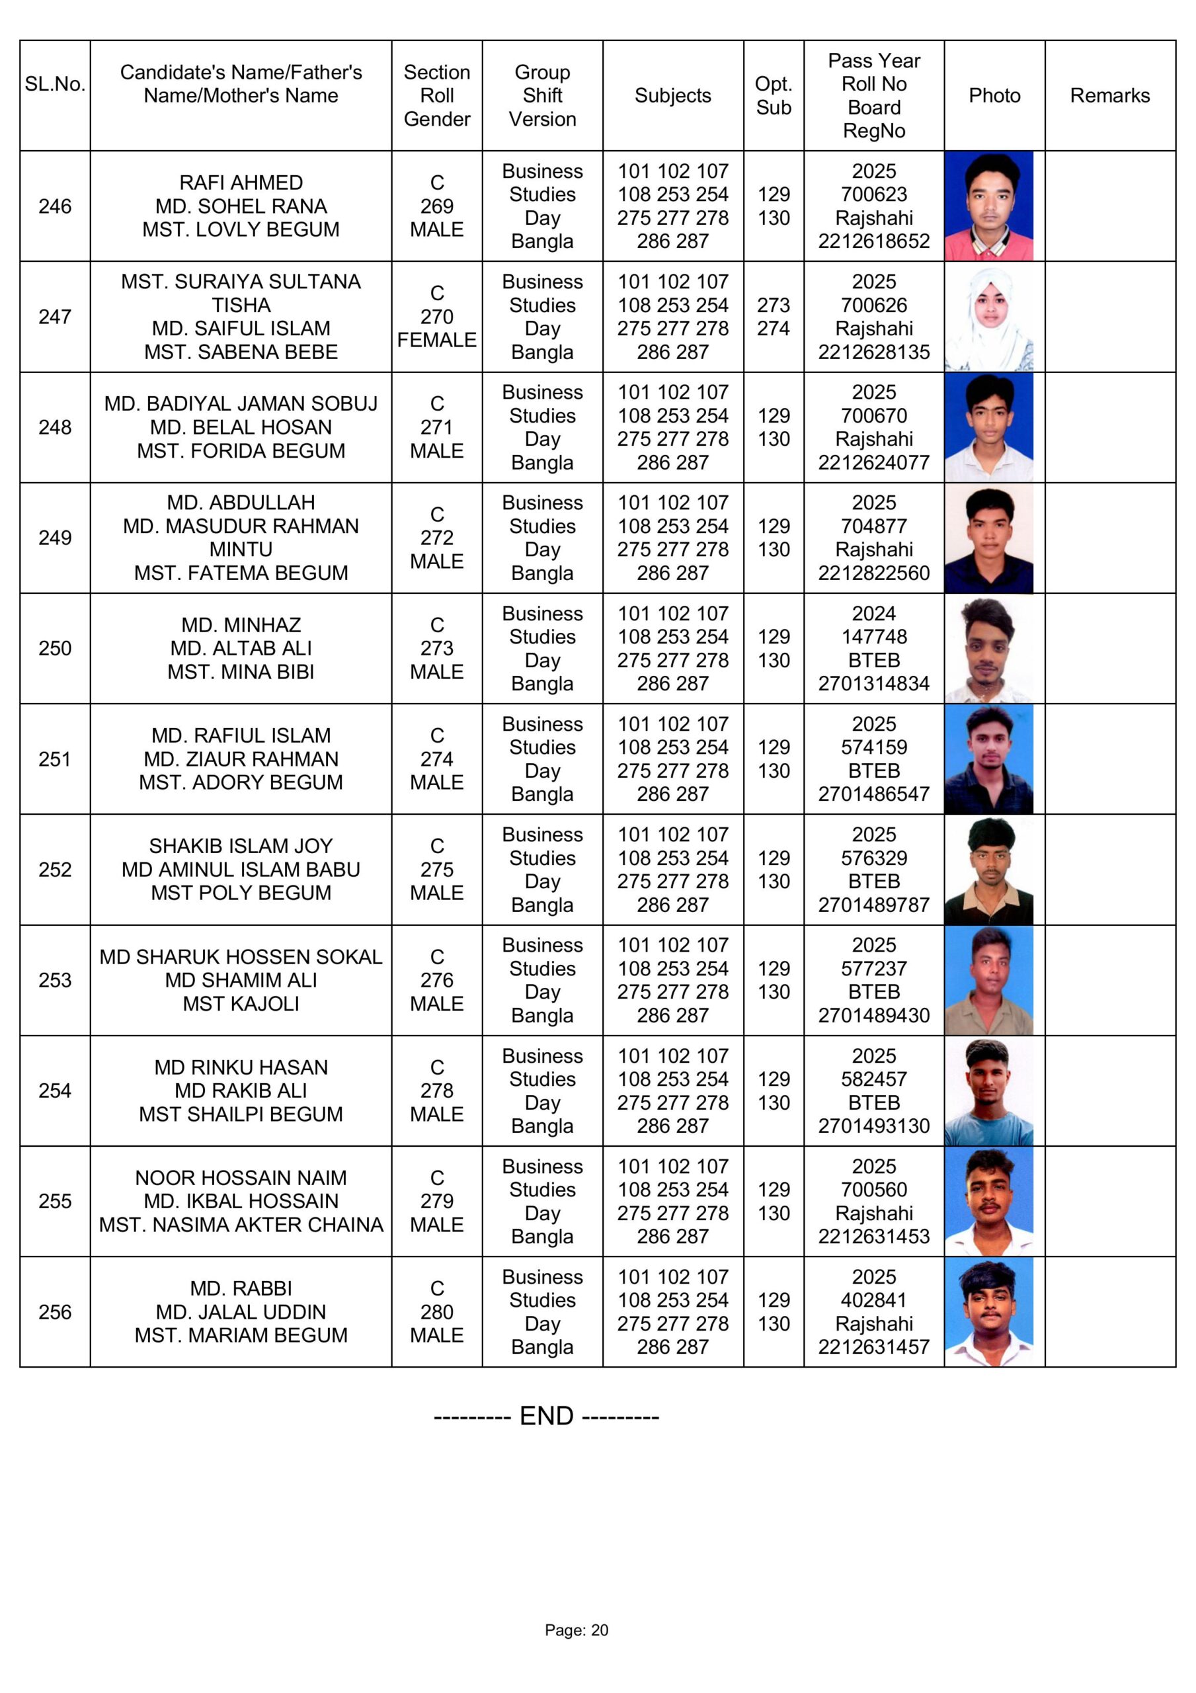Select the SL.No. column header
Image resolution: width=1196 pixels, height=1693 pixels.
pos(55,84)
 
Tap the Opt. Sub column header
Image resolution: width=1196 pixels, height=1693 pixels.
pos(773,96)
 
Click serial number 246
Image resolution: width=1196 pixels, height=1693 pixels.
pos(55,206)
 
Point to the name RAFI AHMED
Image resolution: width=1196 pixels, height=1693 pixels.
pos(241,183)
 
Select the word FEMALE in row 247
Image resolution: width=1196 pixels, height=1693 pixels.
pos(436,340)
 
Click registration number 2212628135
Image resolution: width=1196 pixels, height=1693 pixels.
pos(874,352)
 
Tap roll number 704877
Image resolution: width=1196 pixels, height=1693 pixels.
pos(874,526)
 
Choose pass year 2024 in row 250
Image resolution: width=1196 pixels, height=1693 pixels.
pos(874,614)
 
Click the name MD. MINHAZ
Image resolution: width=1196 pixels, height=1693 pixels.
pos(241,626)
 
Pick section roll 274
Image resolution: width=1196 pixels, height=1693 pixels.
pos(436,759)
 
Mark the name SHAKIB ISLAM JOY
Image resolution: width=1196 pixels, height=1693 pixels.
pos(241,846)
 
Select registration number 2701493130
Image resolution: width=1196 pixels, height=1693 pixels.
pos(874,1126)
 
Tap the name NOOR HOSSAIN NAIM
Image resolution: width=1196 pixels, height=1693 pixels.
pos(241,1178)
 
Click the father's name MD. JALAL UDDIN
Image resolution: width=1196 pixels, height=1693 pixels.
pos(241,1312)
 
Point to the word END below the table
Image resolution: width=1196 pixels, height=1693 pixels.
pos(546,1416)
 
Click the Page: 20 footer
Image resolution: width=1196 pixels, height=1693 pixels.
pos(577,1630)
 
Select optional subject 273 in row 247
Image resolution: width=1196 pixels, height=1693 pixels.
pos(773,306)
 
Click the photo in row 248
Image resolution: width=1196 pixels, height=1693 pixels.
pos(989,428)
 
